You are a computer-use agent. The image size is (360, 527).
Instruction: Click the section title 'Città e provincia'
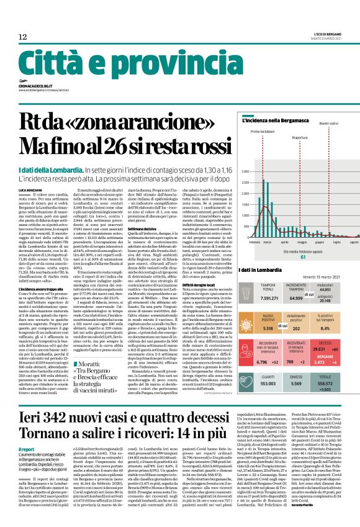coord(93,61)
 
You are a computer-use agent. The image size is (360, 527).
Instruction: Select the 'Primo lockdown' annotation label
coord(263,132)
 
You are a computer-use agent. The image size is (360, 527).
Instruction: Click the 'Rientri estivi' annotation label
coord(330,124)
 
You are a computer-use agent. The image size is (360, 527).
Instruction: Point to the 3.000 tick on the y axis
coord(245,171)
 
